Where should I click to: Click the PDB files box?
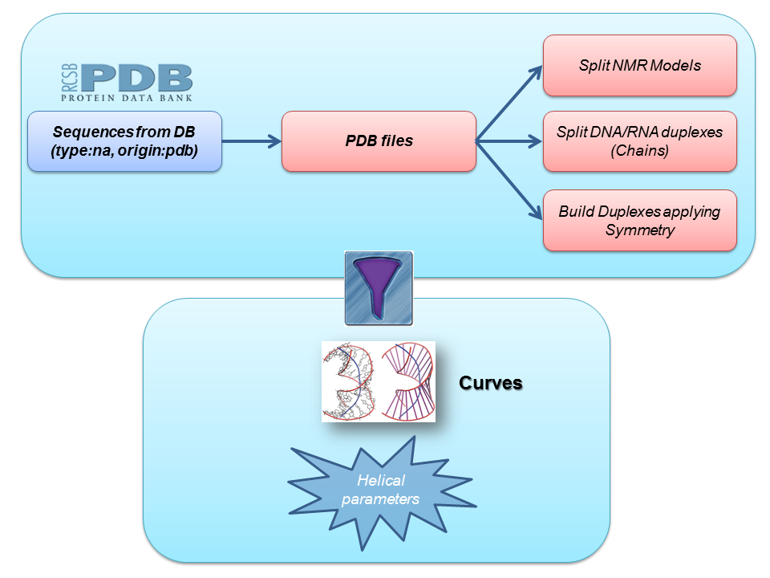click(379, 141)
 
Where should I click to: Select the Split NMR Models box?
click(639, 65)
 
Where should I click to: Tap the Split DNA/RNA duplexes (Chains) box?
click(639, 141)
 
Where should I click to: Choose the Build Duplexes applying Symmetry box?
click(639, 221)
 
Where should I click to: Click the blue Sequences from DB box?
click(124, 141)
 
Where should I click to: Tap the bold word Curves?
click(490, 383)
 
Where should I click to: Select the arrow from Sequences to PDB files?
click(251, 141)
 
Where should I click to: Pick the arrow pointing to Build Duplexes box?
click(509, 180)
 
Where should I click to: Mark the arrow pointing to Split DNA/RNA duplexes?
click(509, 141)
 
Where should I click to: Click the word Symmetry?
click(639, 230)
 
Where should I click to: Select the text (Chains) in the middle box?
click(639, 150)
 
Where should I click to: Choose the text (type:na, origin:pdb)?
click(124, 150)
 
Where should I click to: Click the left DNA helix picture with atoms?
click(350, 381)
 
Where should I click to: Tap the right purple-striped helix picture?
click(407, 381)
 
